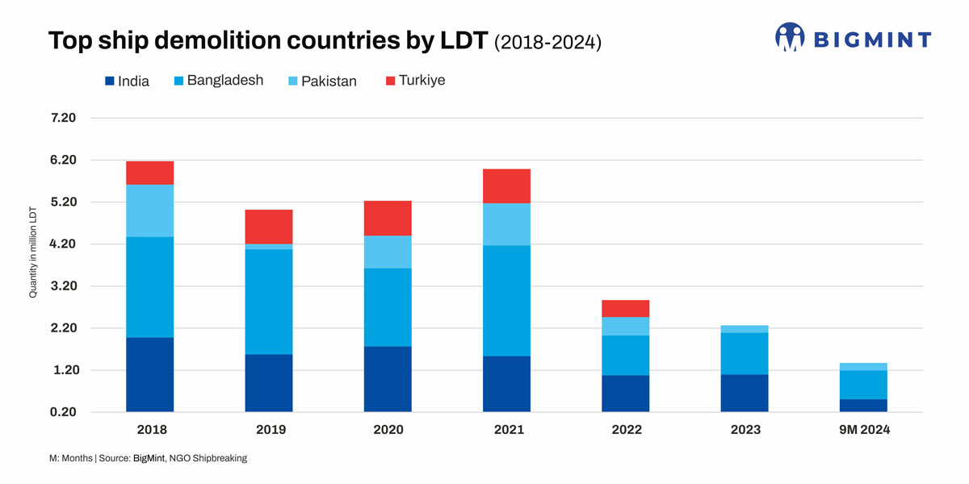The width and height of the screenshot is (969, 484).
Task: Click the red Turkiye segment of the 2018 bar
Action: click(x=149, y=173)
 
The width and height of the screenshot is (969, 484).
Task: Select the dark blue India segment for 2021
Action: click(x=506, y=384)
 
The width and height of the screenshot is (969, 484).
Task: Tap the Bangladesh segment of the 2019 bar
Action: click(x=269, y=302)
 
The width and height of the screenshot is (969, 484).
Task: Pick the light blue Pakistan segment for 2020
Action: click(x=388, y=252)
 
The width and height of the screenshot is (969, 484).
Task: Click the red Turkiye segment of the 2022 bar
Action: click(x=625, y=308)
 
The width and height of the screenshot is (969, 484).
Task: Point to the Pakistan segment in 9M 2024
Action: click(x=863, y=367)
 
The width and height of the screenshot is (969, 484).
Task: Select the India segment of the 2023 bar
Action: click(x=745, y=393)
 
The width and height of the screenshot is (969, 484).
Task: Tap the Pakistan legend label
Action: click(x=329, y=81)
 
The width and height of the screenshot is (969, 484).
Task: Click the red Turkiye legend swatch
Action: click(x=391, y=81)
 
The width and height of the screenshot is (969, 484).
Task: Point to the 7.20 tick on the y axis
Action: click(x=62, y=118)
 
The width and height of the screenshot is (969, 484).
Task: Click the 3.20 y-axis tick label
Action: click(x=62, y=286)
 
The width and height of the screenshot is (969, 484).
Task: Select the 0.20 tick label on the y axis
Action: click(x=62, y=412)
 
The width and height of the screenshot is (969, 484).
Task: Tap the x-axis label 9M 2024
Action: click(x=863, y=430)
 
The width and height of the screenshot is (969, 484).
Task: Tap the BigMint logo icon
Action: click(x=790, y=37)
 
